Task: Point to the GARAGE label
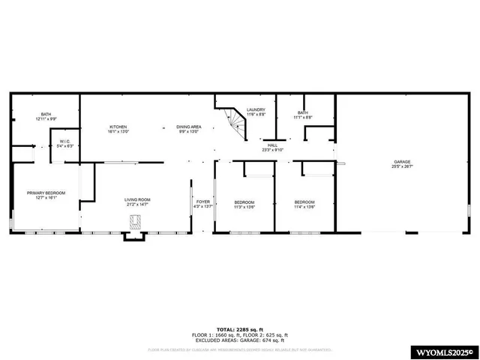coord(403,162)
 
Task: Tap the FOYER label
coord(203,202)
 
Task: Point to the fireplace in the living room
coord(136,221)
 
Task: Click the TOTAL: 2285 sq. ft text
coord(239,328)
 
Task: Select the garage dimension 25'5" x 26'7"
coord(403,166)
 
